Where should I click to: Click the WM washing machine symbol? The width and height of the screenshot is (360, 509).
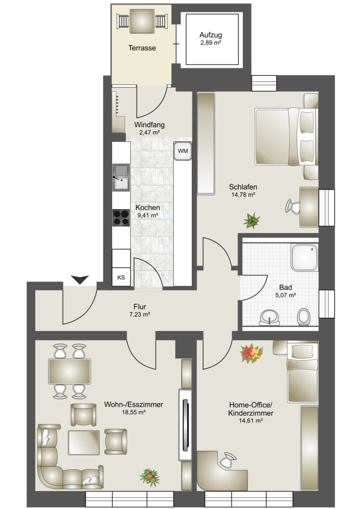(x=183, y=151)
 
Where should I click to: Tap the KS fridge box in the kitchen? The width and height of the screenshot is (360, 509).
(x=121, y=277)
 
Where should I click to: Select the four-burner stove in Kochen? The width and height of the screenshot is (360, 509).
(x=121, y=218)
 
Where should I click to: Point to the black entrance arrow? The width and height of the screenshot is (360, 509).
(x=80, y=279)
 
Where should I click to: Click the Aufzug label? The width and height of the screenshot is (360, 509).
(x=211, y=35)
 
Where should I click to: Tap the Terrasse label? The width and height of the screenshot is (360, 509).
(x=142, y=48)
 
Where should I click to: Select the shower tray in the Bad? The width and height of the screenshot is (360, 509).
(x=305, y=257)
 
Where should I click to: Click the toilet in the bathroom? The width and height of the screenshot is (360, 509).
(x=304, y=317)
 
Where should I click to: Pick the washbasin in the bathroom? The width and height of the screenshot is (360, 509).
(x=269, y=317)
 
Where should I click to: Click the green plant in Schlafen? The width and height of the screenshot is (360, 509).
(x=252, y=220)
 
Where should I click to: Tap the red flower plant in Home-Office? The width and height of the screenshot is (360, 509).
(x=251, y=353)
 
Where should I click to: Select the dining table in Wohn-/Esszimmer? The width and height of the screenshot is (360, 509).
(x=70, y=372)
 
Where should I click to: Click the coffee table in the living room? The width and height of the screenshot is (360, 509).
(x=84, y=442)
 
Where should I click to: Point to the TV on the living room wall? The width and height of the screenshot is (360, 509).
(x=186, y=425)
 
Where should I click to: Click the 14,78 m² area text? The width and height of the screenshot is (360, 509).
(x=243, y=195)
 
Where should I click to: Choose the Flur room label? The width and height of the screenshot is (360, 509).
(x=140, y=307)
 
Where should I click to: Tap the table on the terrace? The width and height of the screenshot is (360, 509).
(x=142, y=20)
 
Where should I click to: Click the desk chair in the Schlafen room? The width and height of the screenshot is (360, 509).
(x=293, y=206)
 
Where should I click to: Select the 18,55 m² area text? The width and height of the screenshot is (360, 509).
(x=134, y=412)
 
